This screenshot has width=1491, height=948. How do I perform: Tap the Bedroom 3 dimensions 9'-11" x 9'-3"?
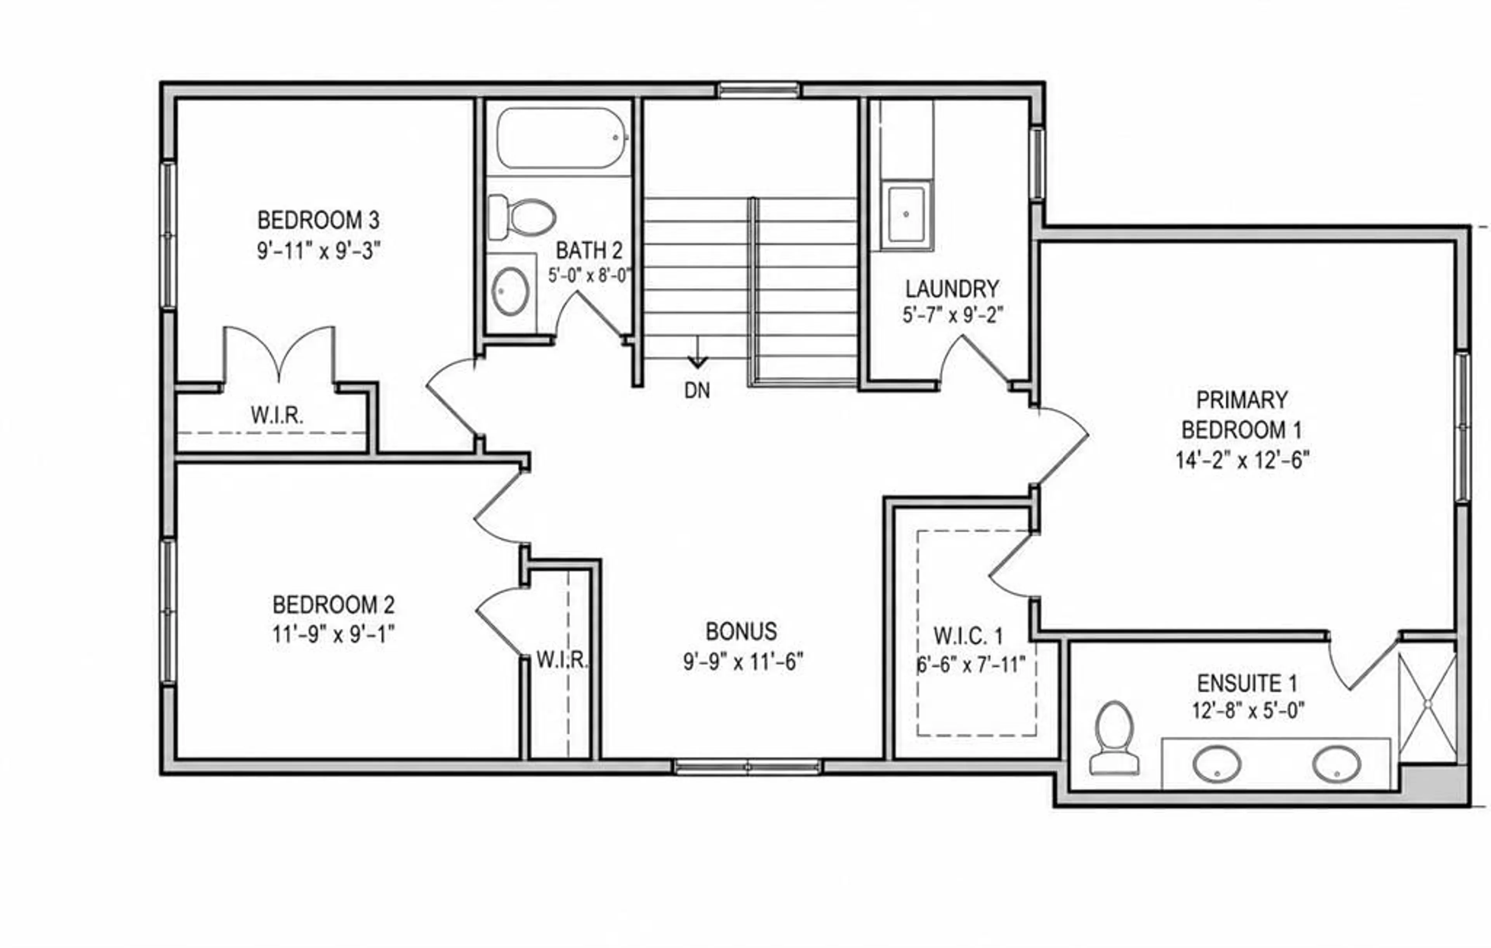click(x=318, y=251)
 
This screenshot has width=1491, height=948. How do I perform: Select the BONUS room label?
click(x=741, y=631)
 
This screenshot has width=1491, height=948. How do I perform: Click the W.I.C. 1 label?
click(x=968, y=636)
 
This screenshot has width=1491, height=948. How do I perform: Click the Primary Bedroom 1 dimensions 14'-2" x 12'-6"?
click(x=1242, y=460)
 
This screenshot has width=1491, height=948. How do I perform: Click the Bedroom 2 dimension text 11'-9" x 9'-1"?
click(x=334, y=635)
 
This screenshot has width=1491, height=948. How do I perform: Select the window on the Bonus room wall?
click(x=747, y=767)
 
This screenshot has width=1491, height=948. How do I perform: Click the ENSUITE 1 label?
click(x=1247, y=684)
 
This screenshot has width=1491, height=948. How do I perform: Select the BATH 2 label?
click(x=589, y=251)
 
